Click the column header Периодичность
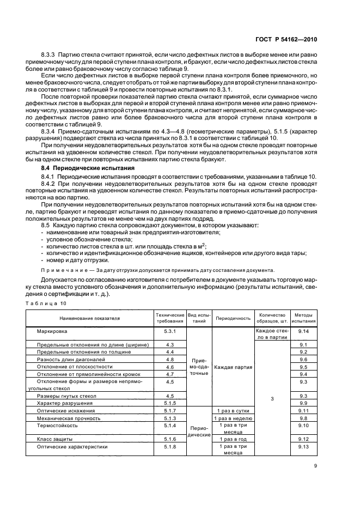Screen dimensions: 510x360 [x=233, y=318]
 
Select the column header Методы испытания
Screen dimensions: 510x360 [x=303, y=318]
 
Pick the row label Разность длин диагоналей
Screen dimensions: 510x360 [x=71, y=360]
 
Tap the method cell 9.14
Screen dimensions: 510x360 [x=303, y=331]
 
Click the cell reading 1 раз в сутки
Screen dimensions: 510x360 [x=233, y=410]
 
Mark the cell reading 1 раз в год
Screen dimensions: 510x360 [x=233, y=439]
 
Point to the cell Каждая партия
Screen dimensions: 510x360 [x=233, y=367]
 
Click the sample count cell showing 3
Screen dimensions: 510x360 [x=272, y=399]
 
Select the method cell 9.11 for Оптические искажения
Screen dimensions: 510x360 [x=303, y=410]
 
